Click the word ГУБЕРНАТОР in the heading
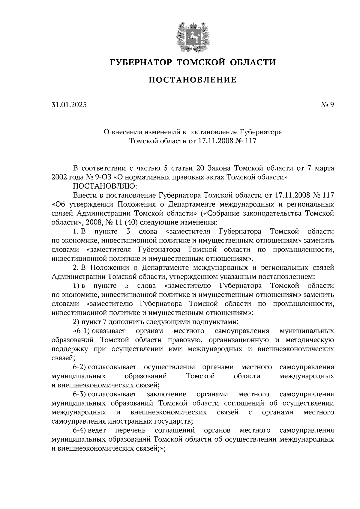coord(141,62)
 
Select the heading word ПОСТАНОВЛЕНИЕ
coord(193,80)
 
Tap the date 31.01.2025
coord(69,105)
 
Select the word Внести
coord(84,195)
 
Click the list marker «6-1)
coord(82,331)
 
